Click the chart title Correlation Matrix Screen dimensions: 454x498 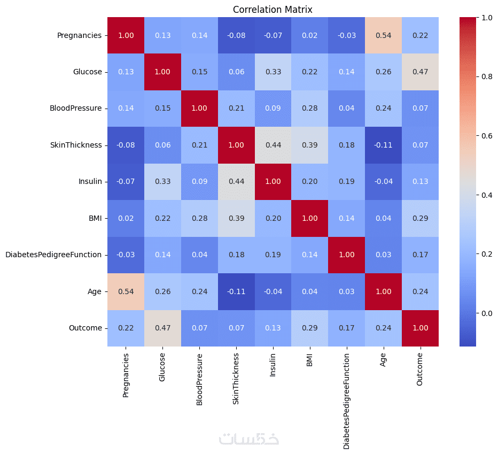pyautogui.click(x=273, y=10)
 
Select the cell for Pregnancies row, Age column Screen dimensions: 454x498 pyautogui.click(x=383, y=35)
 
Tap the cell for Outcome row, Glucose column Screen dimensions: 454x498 pyautogui.click(x=163, y=328)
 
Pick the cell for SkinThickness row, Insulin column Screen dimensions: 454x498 pyautogui.click(x=273, y=145)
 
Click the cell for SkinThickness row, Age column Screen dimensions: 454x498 pyautogui.click(x=383, y=145)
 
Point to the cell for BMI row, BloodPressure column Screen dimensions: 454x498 pyautogui.click(x=199, y=218)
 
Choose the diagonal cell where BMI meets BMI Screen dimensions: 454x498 pyautogui.click(x=310, y=218)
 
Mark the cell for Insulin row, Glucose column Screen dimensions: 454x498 pyautogui.click(x=163, y=182)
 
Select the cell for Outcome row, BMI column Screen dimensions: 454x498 pyautogui.click(x=310, y=328)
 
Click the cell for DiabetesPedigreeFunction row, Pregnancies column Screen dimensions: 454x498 pyautogui.click(x=126, y=255)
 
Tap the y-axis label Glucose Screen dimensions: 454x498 pyautogui.click(x=87, y=72)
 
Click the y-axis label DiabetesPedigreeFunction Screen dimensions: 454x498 pyautogui.click(x=53, y=255)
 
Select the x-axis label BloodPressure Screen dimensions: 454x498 pyautogui.click(x=199, y=379)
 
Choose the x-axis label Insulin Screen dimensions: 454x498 pyautogui.click(x=273, y=365)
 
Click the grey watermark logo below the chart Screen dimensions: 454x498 pyautogui.click(x=249, y=438)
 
